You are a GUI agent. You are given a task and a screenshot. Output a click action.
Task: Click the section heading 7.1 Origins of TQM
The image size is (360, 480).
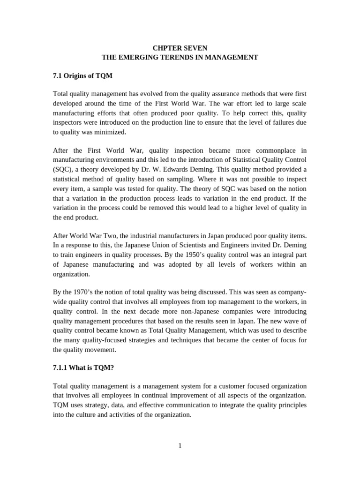[82, 75]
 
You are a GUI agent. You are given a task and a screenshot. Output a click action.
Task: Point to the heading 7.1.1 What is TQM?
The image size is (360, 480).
[83, 368]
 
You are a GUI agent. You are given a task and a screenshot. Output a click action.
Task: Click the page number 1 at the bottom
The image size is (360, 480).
[180, 446]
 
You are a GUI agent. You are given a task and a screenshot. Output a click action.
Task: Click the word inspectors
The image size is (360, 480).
[70, 123]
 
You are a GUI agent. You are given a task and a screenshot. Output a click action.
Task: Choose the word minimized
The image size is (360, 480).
[111, 132]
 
